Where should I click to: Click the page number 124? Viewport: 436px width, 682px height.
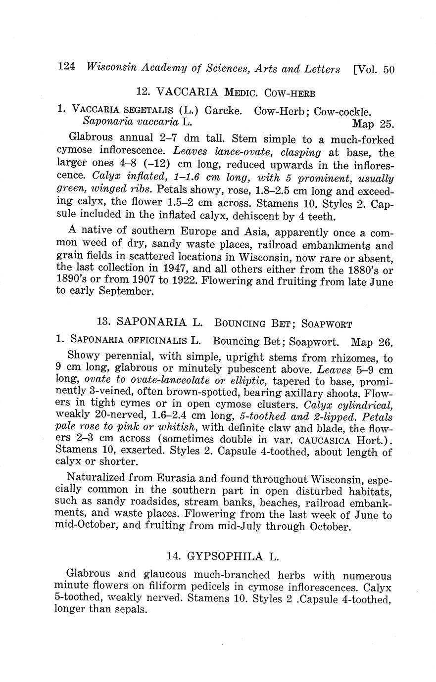[x=66, y=68]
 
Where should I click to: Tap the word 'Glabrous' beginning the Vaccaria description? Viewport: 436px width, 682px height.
[x=91, y=137]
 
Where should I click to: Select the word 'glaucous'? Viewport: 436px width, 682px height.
[x=165, y=576]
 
